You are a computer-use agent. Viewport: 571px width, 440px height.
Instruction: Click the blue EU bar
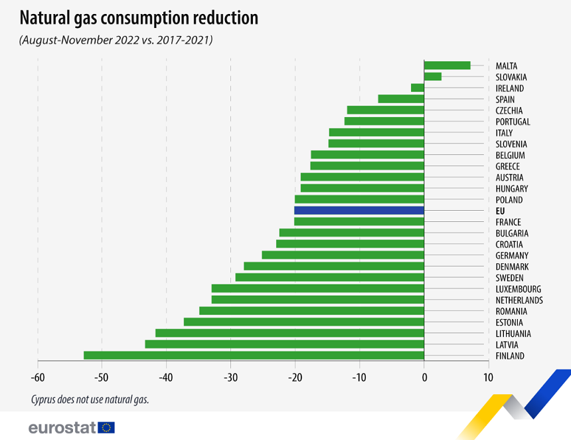[x=359, y=211]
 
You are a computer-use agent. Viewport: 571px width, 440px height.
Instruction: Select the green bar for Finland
[x=254, y=356]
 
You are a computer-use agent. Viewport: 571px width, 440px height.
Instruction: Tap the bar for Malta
[x=447, y=65]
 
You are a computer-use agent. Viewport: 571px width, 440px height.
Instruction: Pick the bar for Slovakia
[x=432, y=76]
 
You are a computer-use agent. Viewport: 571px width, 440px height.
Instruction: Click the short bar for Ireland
[x=417, y=88]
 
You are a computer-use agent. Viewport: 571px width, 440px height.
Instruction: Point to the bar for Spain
[x=401, y=99]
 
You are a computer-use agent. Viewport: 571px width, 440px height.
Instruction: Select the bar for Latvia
[x=284, y=344]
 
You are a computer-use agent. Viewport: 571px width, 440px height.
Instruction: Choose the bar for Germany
[x=343, y=255]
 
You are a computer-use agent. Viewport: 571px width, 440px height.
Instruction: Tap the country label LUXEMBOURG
[x=518, y=289]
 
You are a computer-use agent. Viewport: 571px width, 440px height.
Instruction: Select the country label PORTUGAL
[x=513, y=122]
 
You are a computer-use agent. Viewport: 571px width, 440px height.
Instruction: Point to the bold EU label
[x=500, y=211]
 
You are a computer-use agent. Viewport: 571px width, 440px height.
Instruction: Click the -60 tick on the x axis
[x=37, y=378]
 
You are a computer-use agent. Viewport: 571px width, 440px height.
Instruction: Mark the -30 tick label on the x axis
[x=230, y=378]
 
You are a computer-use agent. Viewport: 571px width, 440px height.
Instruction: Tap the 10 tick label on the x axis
[x=488, y=378]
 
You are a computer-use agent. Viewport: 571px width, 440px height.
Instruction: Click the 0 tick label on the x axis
[x=424, y=378]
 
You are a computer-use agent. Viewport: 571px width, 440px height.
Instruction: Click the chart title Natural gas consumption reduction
[x=139, y=18]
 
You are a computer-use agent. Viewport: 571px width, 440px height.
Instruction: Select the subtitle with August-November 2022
[x=116, y=41]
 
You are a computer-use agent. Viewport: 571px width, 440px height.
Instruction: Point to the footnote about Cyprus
[x=89, y=399]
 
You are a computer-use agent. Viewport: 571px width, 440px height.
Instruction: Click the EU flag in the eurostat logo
[x=106, y=427]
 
